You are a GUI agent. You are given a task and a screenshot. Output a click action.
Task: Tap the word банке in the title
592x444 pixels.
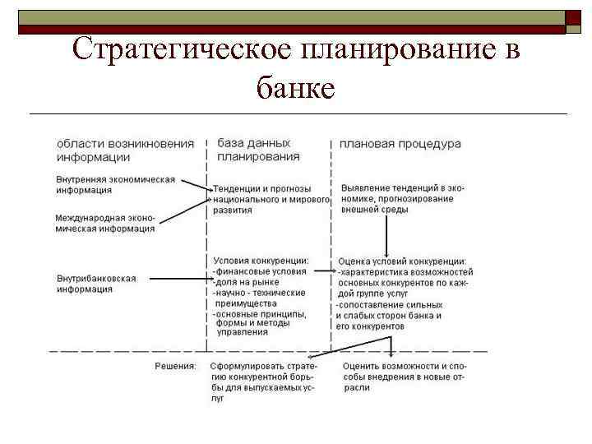pos(295,85)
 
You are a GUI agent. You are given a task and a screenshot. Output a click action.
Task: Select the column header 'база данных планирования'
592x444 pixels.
pos(258,150)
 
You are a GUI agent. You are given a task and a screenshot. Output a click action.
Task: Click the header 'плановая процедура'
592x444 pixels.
pos(400,144)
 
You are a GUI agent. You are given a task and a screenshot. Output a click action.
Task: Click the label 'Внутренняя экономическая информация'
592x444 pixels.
pos(115,185)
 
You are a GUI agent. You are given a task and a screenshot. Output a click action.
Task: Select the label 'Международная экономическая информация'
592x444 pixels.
pos(104,224)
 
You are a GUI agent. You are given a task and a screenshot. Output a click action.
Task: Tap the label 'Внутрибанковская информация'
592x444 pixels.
pos(96,284)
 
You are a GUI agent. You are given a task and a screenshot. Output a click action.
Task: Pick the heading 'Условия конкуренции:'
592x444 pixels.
pos(261,261)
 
